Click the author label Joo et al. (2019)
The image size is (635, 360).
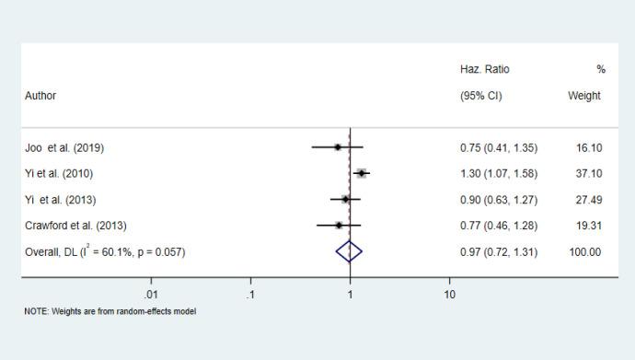tap(71, 147)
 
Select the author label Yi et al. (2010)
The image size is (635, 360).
tap(59, 173)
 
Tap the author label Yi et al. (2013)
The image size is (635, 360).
tap(60, 199)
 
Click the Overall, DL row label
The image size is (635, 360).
tap(104, 251)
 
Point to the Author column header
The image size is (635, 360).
tap(40, 96)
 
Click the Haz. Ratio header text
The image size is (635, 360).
tap(484, 70)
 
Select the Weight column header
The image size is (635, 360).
tap(584, 96)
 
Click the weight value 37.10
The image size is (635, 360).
tap(588, 173)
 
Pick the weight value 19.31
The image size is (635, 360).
tap(588, 225)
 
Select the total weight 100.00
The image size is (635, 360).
tap(585, 251)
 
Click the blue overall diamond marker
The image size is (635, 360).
tap(350, 250)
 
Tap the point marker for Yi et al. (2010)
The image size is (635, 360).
tap(362, 173)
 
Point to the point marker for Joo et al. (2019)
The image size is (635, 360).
tap(338, 147)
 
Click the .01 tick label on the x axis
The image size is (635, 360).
tap(151, 295)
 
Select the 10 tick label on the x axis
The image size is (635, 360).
tap(450, 295)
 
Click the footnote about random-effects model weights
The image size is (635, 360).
tap(110, 311)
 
